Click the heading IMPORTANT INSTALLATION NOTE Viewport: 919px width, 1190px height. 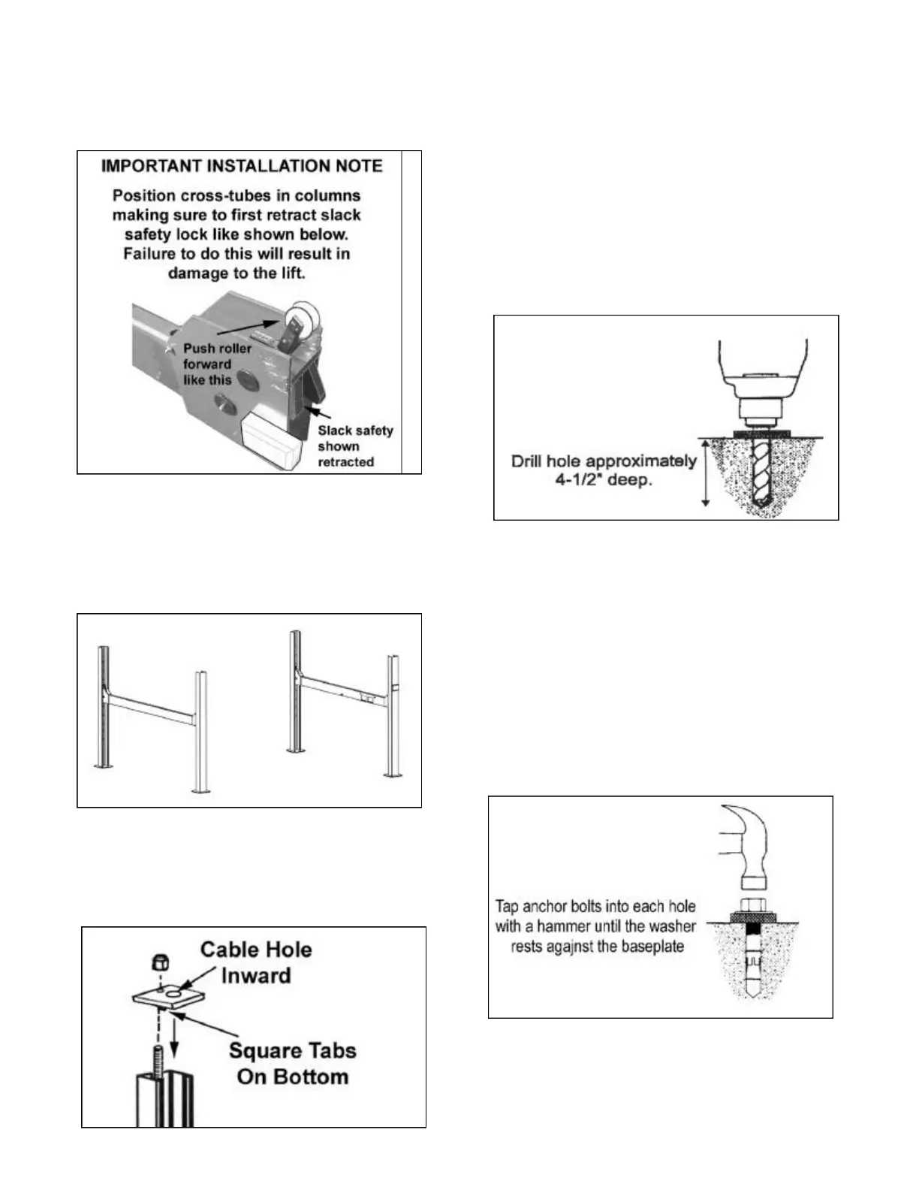click(x=242, y=166)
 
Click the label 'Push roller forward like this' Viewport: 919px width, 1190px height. click(x=217, y=364)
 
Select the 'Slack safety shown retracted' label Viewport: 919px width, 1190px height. click(x=354, y=446)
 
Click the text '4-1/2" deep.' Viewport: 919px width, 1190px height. click(x=604, y=480)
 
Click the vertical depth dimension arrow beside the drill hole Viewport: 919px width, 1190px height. click(x=705, y=474)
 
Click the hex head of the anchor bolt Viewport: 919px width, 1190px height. click(x=753, y=905)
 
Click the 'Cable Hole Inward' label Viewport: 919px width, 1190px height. click(x=256, y=962)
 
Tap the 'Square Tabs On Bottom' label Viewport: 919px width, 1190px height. click(x=292, y=1064)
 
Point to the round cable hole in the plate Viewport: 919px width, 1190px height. click(x=176, y=995)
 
